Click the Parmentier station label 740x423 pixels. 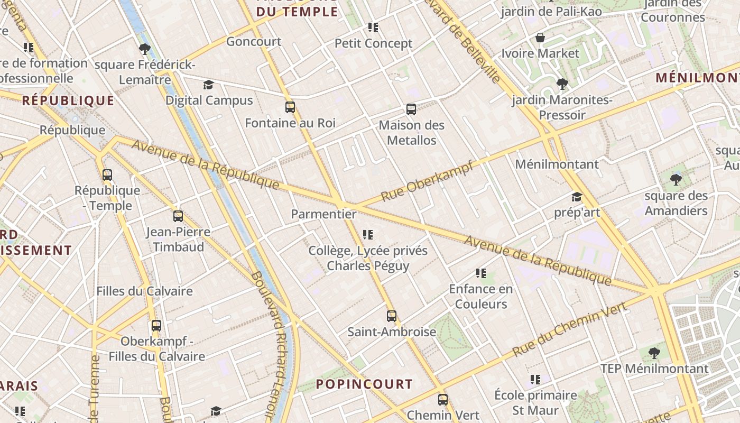click(x=323, y=214)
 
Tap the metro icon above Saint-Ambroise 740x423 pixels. click(x=391, y=316)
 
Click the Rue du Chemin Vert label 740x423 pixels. click(x=570, y=328)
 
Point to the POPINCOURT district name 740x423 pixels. click(x=364, y=384)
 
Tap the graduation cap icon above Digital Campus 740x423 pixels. click(x=208, y=85)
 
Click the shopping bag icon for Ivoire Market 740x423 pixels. click(x=540, y=38)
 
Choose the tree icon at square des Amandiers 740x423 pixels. click(x=676, y=180)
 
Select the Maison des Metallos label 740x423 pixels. click(x=411, y=133)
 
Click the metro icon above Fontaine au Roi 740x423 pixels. click(x=290, y=107)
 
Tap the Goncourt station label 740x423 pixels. click(x=254, y=41)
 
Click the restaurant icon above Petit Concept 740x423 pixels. click(x=373, y=27)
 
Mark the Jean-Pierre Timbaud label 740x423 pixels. click(x=178, y=239)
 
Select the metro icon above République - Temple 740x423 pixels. click(x=107, y=175)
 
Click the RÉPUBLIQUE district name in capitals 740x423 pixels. click(x=68, y=100)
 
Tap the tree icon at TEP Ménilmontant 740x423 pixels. click(x=654, y=353)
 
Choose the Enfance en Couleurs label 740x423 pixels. click(x=481, y=296)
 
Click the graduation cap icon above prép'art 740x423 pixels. click(x=577, y=197)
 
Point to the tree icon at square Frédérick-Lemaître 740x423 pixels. click(x=144, y=50)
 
